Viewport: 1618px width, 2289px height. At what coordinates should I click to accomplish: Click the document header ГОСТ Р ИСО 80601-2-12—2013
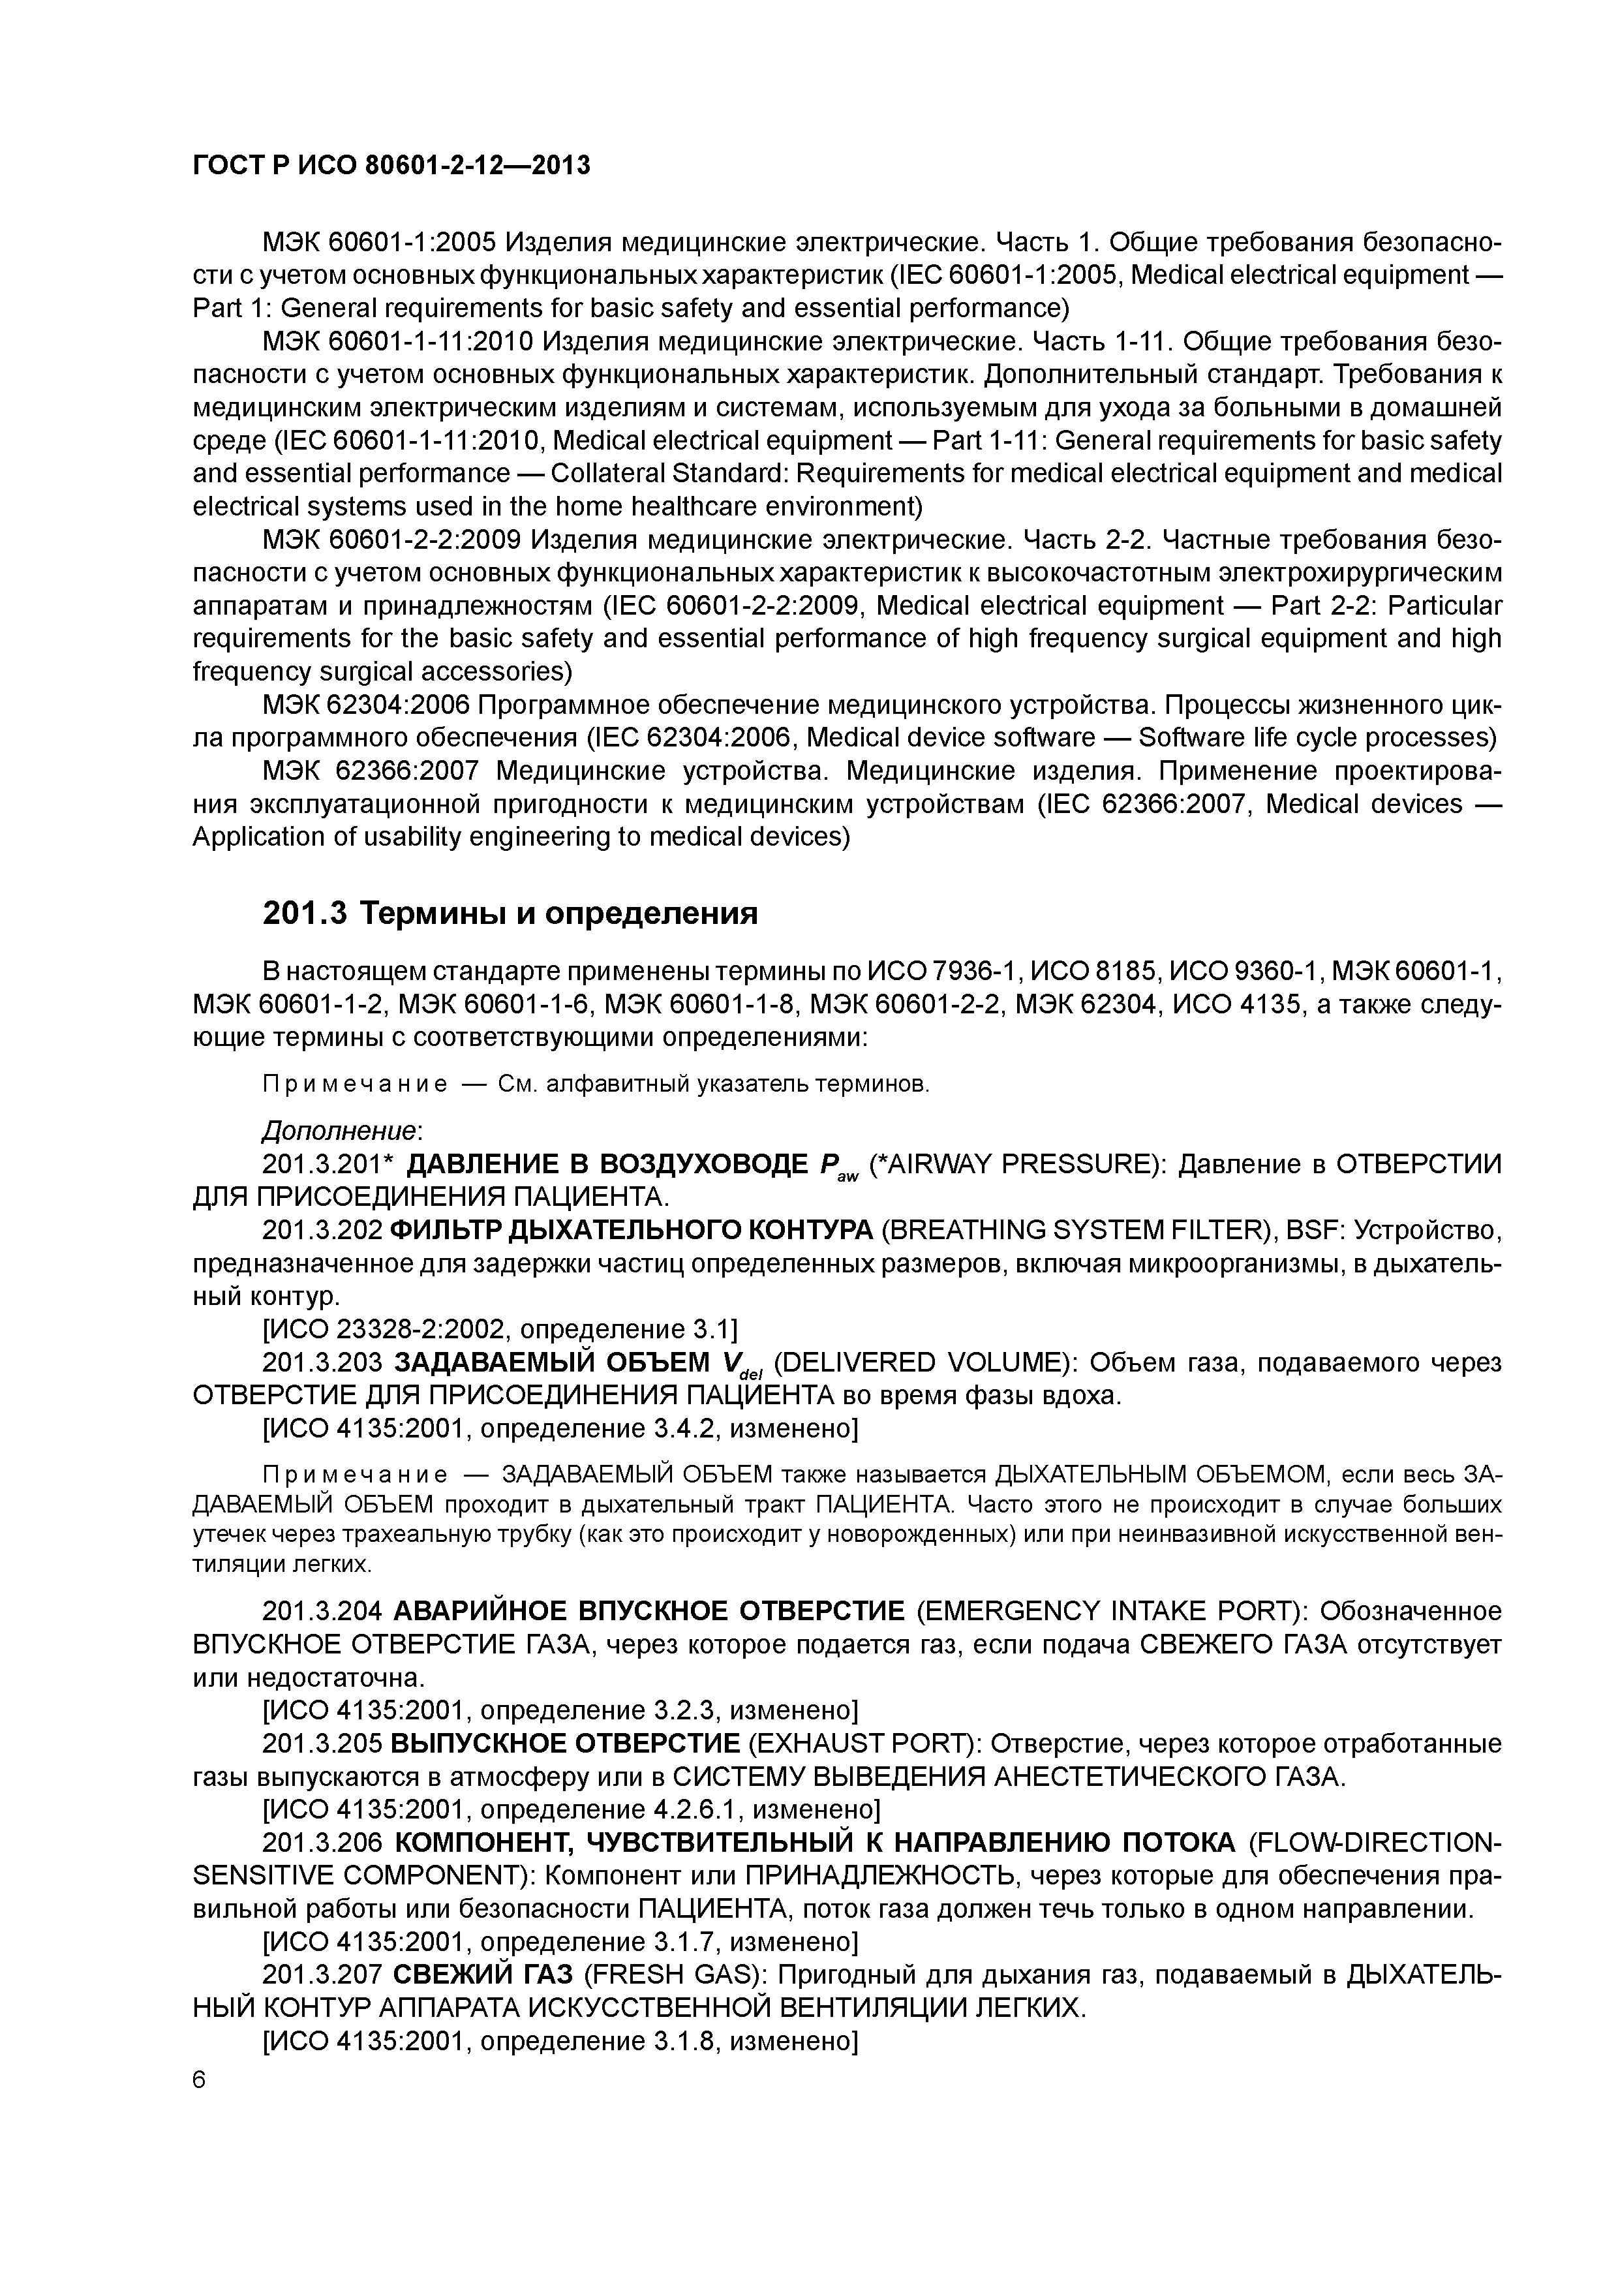(391, 166)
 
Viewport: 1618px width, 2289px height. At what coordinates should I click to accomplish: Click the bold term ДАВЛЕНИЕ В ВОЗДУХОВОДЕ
(608, 1163)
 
